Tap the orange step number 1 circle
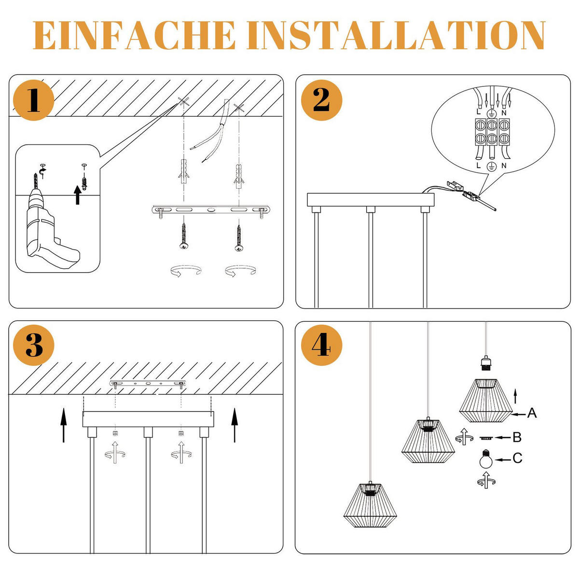point(33,100)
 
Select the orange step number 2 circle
point(322,100)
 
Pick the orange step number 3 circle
point(33,345)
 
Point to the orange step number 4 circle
point(322,345)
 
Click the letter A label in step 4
point(532,413)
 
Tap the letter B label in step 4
point(517,438)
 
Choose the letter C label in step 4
point(517,458)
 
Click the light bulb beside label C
point(486,458)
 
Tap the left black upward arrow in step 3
point(64,425)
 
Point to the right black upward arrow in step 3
point(234,425)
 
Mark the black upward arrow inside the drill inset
point(77,196)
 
